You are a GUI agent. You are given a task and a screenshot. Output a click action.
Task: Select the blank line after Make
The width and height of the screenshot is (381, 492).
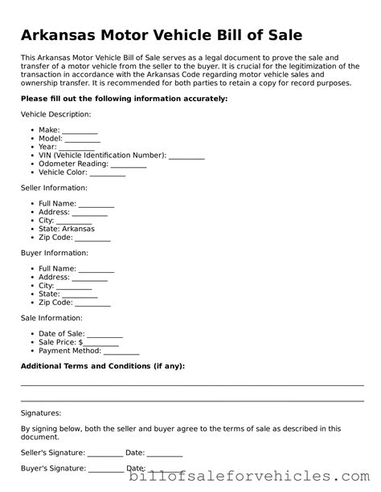click(x=80, y=130)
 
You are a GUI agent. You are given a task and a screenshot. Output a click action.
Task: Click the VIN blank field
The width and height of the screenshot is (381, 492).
click(x=186, y=156)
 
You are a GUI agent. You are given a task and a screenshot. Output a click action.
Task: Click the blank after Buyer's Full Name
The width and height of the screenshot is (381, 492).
click(x=96, y=269)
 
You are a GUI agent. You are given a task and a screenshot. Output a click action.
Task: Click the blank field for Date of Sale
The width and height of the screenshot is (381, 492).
click(x=104, y=334)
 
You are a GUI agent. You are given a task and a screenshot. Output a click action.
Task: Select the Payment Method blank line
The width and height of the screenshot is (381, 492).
click(x=121, y=351)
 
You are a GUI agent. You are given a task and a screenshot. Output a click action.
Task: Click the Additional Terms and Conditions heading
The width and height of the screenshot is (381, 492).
click(x=102, y=366)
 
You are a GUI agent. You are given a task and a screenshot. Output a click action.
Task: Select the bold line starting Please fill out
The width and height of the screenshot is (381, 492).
click(x=124, y=98)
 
